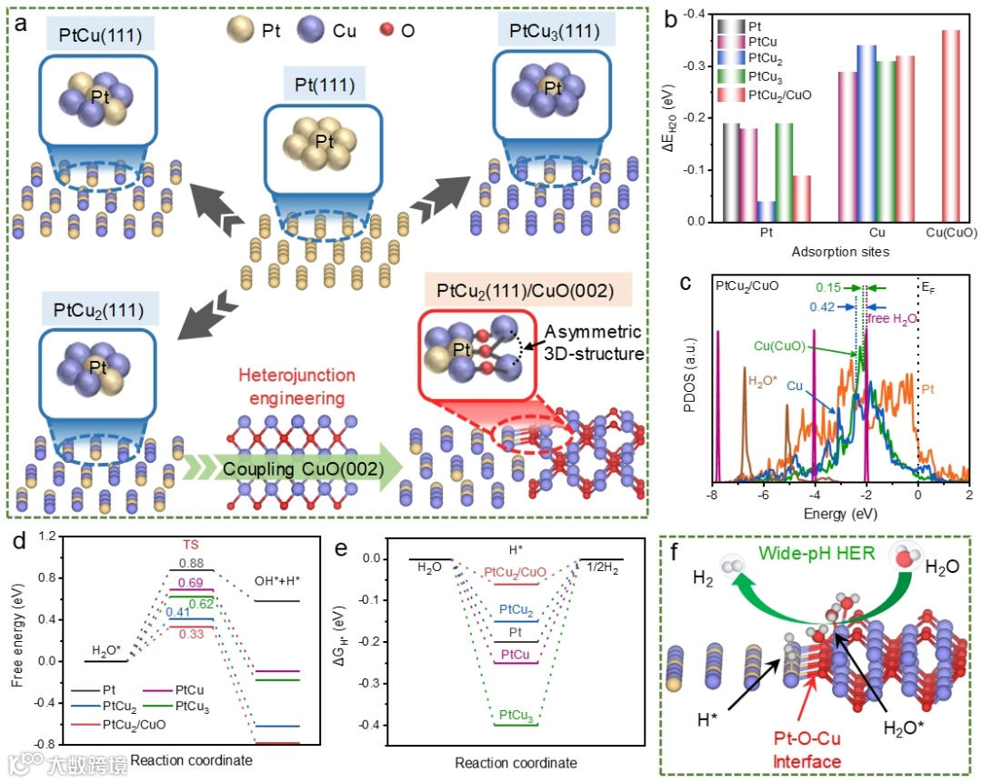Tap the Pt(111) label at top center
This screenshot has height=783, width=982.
(324, 86)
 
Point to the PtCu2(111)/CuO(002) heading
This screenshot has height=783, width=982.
(521, 292)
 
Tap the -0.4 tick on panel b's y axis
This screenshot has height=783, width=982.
(697, 15)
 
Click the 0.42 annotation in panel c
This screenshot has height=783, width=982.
(821, 307)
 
